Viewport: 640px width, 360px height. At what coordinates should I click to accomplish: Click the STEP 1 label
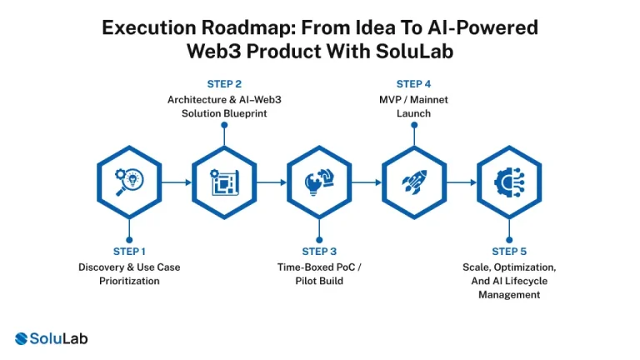click(x=129, y=251)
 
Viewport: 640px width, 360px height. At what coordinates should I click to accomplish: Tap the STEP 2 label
click(x=224, y=83)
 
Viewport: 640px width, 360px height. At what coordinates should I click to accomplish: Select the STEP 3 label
click(x=319, y=251)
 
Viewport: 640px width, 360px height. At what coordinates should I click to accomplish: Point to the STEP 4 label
click(x=414, y=83)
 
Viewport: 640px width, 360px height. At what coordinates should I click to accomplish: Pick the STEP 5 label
click(x=509, y=251)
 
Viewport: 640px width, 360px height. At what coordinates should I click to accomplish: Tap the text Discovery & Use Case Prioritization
click(x=129, y=274)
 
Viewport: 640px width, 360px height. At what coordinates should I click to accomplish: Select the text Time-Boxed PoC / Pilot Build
click(x=319, y=274)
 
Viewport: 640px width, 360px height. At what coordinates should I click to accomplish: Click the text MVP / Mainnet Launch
click(x=414, y=107)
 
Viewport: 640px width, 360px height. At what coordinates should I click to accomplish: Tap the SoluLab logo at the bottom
click(x=52, y=338)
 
